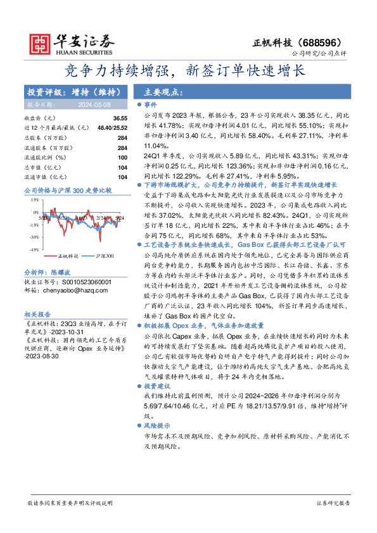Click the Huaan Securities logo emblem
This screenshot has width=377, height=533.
coord(39,44)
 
